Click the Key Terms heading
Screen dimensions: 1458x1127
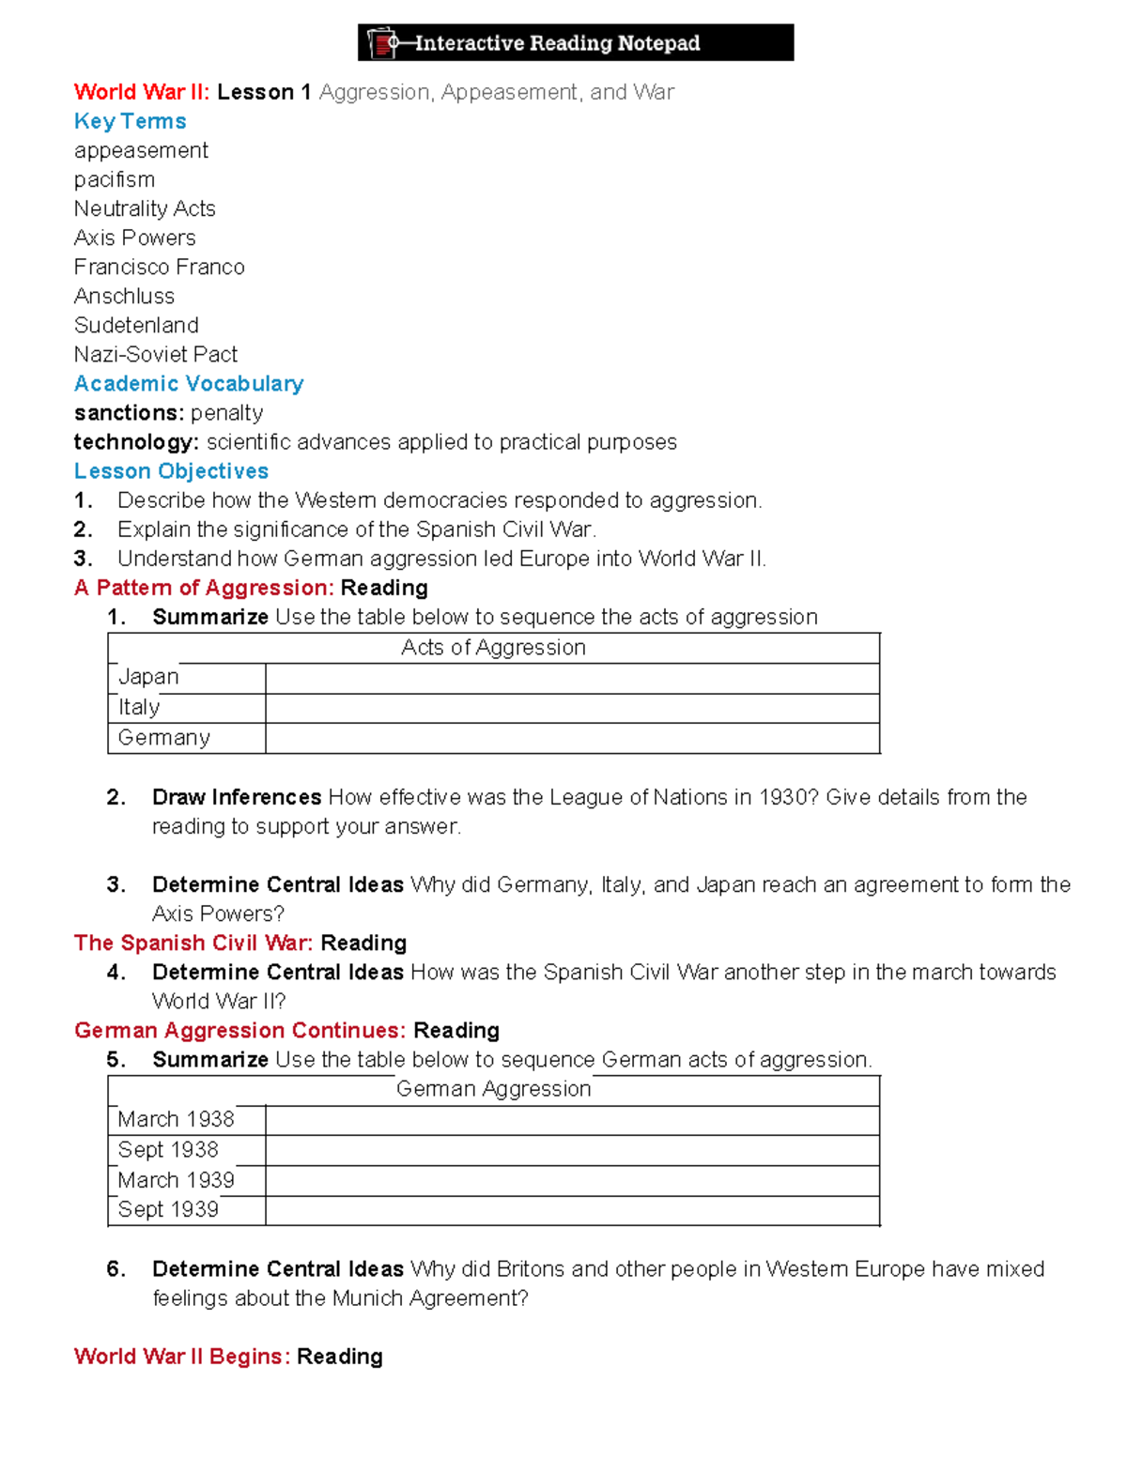(130, 121)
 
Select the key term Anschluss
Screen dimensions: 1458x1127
(124, 296)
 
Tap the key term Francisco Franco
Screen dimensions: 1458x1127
(159, 267)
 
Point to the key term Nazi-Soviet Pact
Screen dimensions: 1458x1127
(155, 354)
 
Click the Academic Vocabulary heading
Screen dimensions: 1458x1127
(189, 383)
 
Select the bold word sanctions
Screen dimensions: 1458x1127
(128, 412)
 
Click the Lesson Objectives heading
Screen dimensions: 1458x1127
(171, 470)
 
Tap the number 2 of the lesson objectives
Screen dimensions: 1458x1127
(83, 529)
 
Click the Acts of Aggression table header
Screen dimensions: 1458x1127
(493, 647)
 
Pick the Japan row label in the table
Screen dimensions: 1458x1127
(148, 677)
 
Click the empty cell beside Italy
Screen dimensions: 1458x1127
(572, 708)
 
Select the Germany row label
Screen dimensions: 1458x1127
(163, 738)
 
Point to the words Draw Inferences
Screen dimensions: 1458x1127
(237, 797)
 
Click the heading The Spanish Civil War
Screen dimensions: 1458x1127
(193, 943)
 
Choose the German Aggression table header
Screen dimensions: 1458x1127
(493, 1089)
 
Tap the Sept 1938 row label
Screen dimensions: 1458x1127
(168, 1150)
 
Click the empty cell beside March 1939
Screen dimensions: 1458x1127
(572, 1180)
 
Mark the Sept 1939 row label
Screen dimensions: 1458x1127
(168, 1209)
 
